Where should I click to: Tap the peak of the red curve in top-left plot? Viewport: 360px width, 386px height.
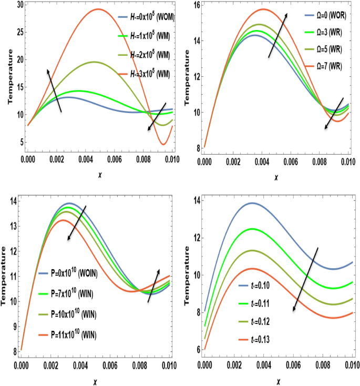[98, 9]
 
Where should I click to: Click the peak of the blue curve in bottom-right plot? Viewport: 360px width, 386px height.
[252, 203]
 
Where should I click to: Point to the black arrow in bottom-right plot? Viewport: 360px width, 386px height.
[305, 279]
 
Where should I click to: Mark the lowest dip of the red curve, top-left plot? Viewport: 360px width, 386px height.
[164, 144]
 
